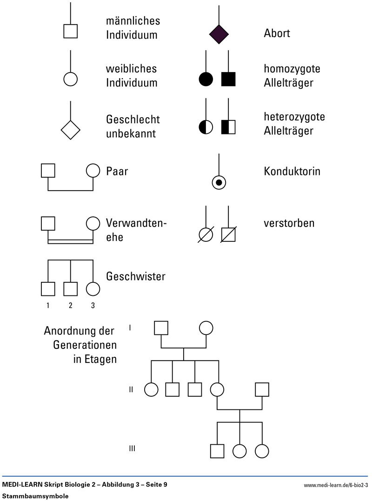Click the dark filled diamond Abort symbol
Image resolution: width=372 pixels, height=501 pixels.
tap(219, 33)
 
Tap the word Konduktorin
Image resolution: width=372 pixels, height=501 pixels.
tap(292, 171)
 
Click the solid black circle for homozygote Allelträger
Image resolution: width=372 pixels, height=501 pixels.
tap(206, 79)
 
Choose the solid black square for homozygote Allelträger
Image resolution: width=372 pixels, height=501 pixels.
tap(228, 79)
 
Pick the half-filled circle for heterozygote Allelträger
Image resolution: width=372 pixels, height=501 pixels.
tap(206, 127)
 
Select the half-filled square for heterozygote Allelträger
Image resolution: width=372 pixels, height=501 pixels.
tap(228, 127)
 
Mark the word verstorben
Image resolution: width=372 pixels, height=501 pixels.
tap(289, 223)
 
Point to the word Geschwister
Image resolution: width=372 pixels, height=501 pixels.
tap(136, 277)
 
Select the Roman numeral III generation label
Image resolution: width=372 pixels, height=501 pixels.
tap(132, 448)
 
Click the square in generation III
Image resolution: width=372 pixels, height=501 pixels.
tap(217, 451)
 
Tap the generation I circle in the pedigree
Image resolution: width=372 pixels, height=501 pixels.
tap(206, 328)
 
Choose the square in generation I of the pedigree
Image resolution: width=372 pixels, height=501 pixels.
tap(161, 328)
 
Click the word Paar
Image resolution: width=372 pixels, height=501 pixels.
tap(117, 171)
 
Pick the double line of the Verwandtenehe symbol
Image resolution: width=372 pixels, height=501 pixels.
tap(71, 241)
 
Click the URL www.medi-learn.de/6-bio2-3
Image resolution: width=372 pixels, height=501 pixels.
tap(335, 486)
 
